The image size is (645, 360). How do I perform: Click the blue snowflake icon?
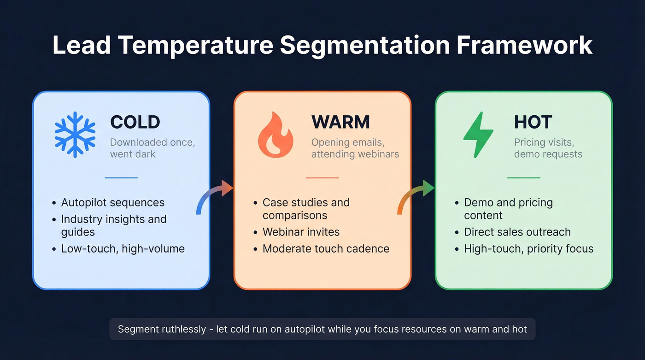[x=75, y=134]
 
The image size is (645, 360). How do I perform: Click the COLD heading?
[x=135, y=122]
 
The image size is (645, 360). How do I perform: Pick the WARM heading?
[x=340, y=122]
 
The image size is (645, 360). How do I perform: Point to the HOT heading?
[x=533, y=122]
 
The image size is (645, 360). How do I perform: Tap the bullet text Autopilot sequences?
[x=113, y=202]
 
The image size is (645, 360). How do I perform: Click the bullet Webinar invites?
[x=301, y=232]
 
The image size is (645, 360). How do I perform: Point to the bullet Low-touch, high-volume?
[x=123, y=249]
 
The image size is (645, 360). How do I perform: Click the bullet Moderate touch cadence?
[x=326, y=249]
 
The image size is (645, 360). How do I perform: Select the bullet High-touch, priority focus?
[x=528, y=249]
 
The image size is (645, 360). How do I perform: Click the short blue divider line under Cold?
[x=121, y=177]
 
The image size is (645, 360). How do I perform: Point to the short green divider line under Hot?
[x=523, y=177]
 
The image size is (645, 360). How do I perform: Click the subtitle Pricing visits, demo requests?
[x=548, y=148]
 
